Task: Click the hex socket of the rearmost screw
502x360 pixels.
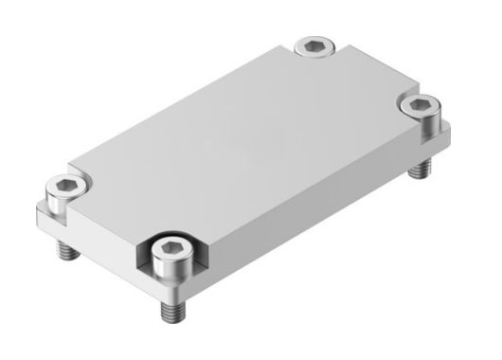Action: [x=314, y=44]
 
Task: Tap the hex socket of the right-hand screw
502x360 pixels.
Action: [x=418, y=101]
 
